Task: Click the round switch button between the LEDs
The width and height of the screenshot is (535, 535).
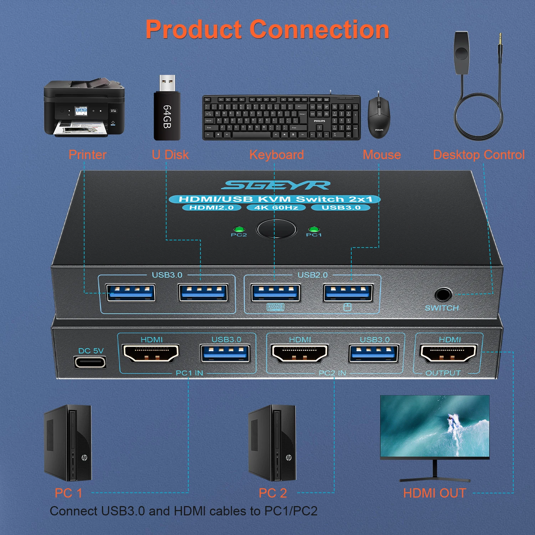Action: tap(276, 229)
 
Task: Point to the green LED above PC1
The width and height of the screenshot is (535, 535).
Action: tap(314, 229)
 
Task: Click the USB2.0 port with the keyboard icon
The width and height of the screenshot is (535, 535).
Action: tap(275, 293)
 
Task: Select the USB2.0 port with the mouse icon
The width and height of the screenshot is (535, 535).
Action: tap(348, 293)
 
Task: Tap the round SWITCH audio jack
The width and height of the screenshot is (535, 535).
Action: tap(443, 295)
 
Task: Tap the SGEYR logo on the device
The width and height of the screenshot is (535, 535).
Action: tap(275, 185)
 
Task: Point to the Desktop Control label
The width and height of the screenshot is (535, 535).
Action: tap(479, 155)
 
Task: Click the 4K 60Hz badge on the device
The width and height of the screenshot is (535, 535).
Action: tap(276, 208)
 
